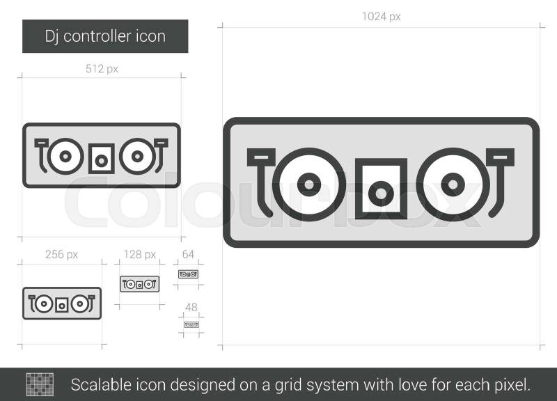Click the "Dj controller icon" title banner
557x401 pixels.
pyautogui.click(x=105, y=36)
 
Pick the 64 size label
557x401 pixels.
pyautogui.click(x=188, y=254)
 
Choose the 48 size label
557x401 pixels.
pyautogui.click(x=191, y=307)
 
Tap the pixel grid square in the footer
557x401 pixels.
pyautogui.click(x=40, y=384)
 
